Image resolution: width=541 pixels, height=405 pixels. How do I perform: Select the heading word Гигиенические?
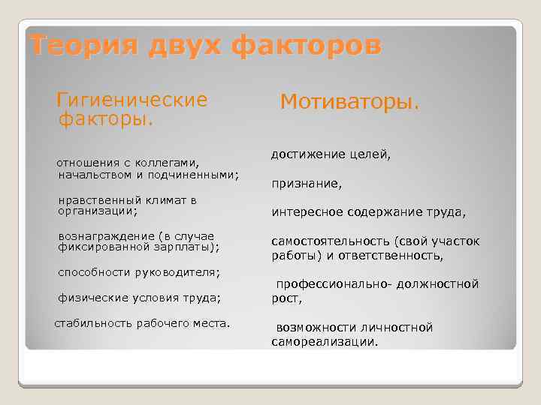[132, 100]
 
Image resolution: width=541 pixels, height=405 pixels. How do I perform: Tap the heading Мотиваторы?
[349, 100]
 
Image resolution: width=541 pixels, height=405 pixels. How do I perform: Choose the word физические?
[91, 298]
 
